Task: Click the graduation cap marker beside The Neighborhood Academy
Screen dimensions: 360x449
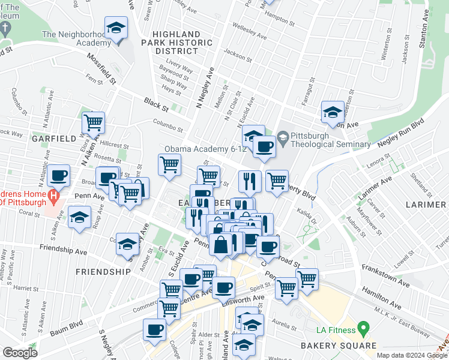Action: tap(116, 28)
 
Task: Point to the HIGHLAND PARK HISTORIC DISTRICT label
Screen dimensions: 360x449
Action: tap(182, 43)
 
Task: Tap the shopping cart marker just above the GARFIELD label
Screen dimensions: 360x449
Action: tap(93, 123)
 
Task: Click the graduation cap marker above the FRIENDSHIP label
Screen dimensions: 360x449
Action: tap(127, 245)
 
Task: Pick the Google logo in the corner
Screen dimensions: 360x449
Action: tap(20, 353)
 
